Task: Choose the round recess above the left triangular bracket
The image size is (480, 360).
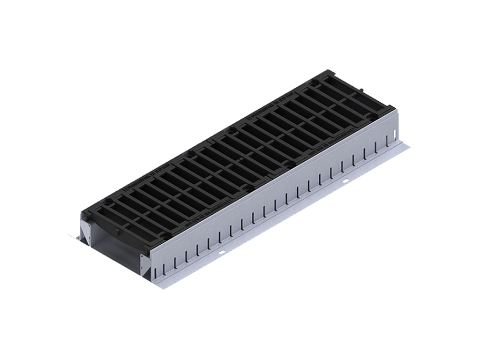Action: (x=86, y=216)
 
